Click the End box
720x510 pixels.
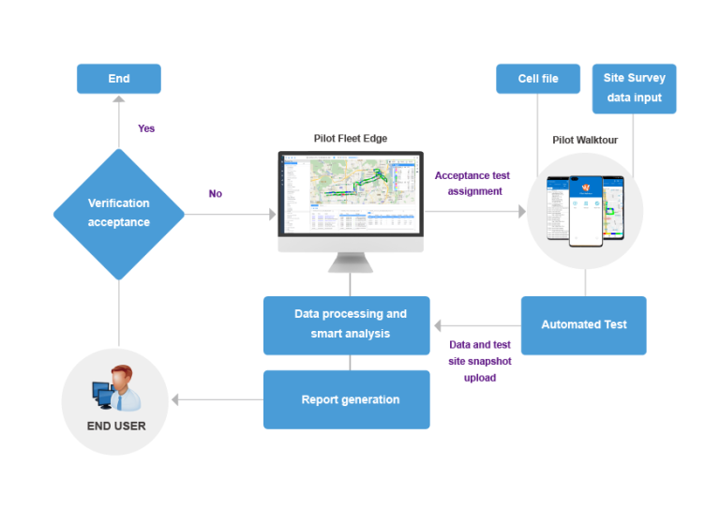point(118,79)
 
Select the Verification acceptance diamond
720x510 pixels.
point(118,214)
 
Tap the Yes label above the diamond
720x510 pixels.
point(146,128)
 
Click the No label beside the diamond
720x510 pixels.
point(216,194)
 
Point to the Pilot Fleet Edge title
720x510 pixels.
point(350,139)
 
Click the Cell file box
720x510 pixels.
point(538,79)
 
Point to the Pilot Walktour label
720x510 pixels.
point(586,141)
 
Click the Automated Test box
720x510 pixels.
point(583,325)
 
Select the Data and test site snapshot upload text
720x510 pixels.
point(480,361)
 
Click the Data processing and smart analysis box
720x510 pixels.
point(346,324)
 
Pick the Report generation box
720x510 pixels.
point(346,399)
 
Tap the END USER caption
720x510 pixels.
point(117,426)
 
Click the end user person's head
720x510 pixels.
point(121,375)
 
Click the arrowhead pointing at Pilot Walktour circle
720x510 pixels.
point(521,213)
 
